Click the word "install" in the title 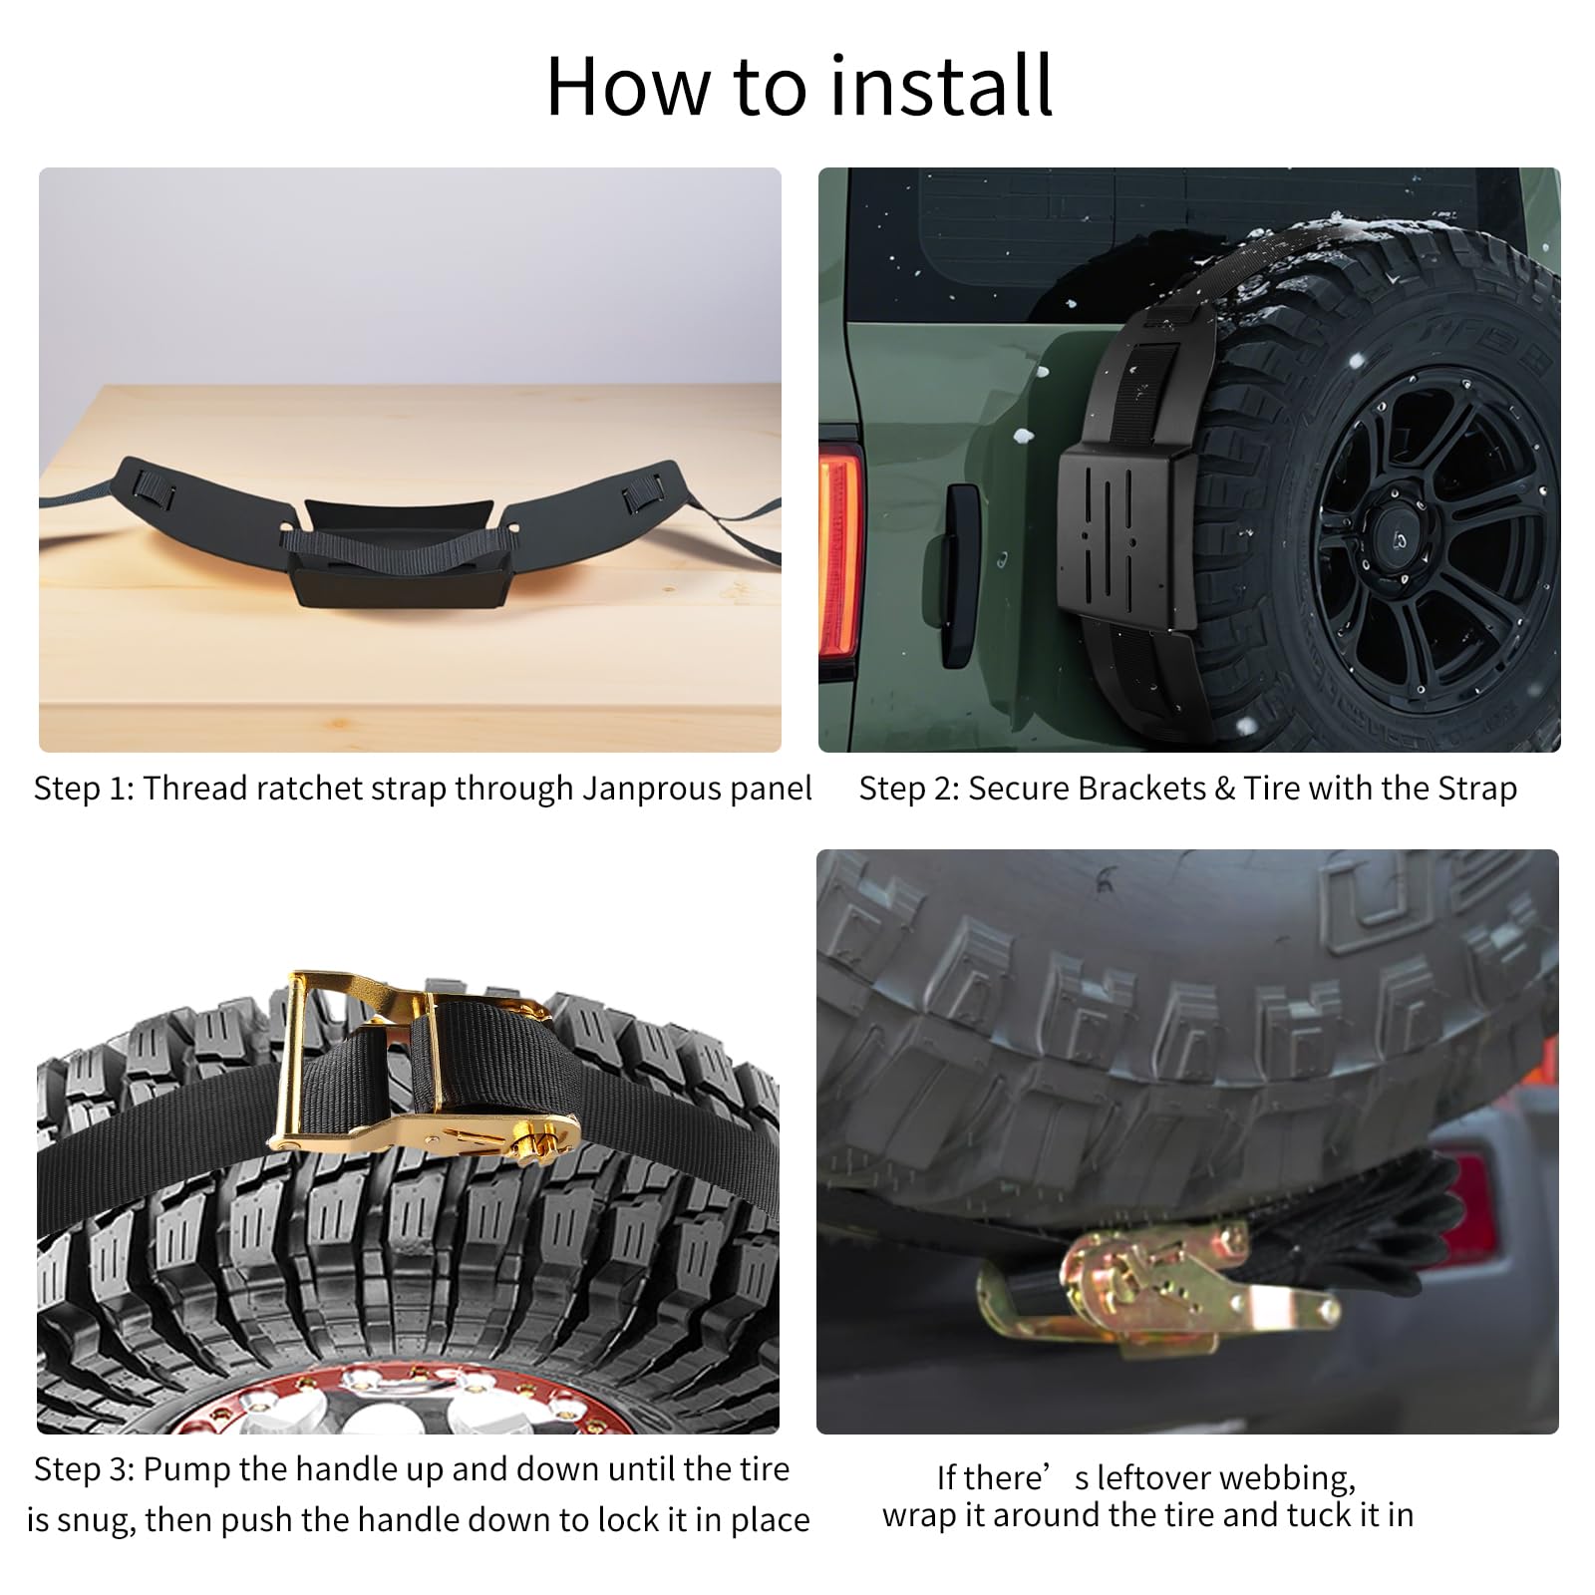(x=940, y=86)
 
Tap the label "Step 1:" (x=84, y=790)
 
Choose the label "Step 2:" (x=909, y=790)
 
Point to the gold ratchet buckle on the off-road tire (x=424, y=1069)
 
